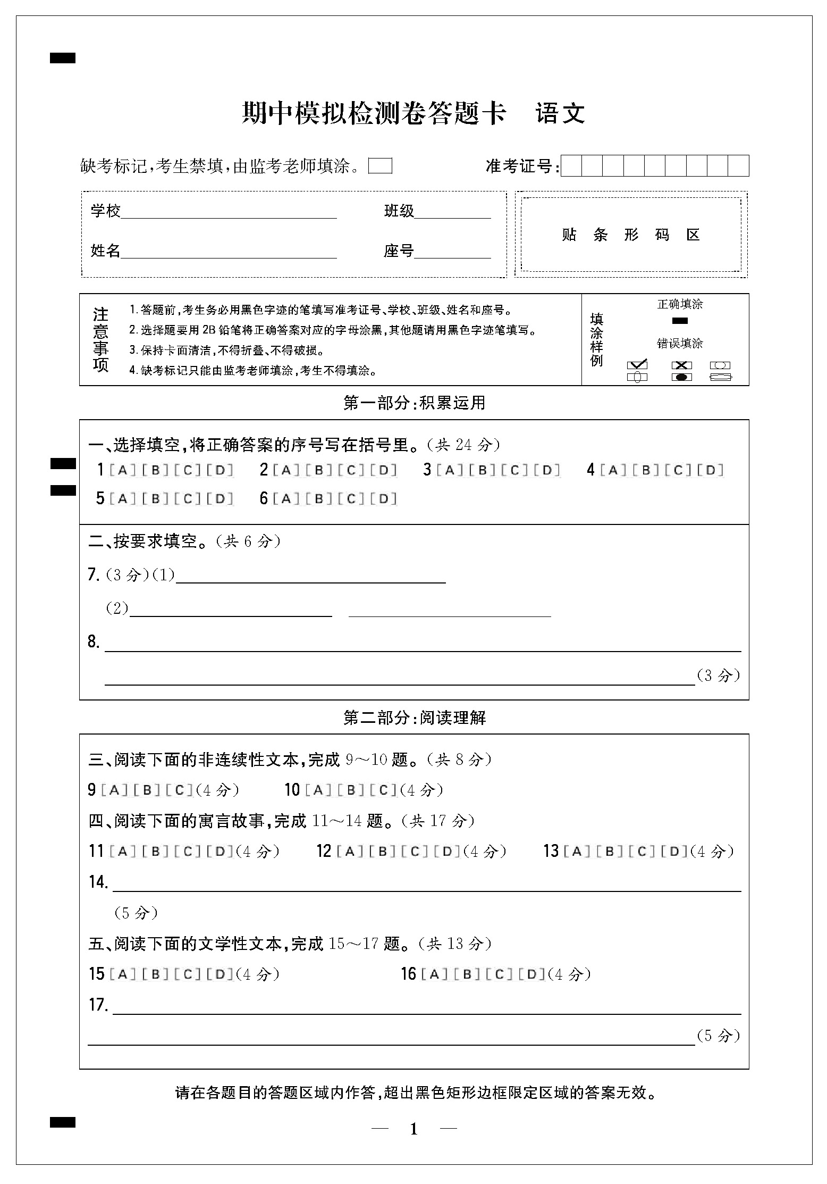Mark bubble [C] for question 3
[514, 470]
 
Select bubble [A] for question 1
[122, 470]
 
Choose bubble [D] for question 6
[384, 499]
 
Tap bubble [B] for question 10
[351, 790]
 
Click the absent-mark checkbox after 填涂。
[380, 166]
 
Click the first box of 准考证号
[571, 166]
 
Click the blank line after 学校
[229, 213]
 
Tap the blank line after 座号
[452, 253]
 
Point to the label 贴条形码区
[631, 235]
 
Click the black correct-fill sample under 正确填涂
[680, 321]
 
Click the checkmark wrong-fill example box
[637, 365]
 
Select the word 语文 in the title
[560, 113]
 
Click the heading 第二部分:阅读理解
[415, 718]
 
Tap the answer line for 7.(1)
[311, 578]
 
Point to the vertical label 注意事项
[100, 340]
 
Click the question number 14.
[98, 882]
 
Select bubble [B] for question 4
[646, 470]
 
